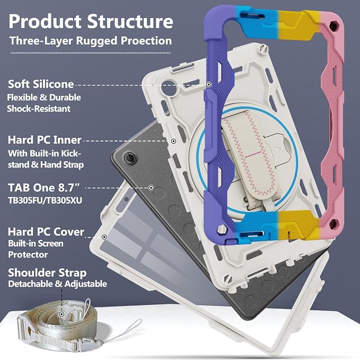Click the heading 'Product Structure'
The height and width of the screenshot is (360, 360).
(x=91, y=21)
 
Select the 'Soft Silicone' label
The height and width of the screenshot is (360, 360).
(x=41, y=84)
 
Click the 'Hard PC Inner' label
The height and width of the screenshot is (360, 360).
(x=45, y=140)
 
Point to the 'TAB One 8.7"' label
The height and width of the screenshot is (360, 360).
(x=45, y=188)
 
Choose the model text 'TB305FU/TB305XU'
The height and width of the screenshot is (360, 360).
(x=45, y=200)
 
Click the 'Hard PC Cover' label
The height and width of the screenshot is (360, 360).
(x=46, y=232)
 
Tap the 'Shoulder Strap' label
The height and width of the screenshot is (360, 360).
(x=47, y=273)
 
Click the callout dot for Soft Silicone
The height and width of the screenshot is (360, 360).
(x=208, y=84)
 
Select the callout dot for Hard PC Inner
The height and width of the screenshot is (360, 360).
(x=174, y=141)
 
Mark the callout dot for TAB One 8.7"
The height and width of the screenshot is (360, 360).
(x=151, y=188)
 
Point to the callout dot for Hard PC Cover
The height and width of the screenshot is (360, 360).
(x=104, y=236)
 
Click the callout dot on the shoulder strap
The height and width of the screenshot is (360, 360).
(x=62, y=314)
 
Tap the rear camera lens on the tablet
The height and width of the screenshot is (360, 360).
(x=130, y=157)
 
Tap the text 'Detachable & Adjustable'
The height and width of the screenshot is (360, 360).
(x=57, y=284)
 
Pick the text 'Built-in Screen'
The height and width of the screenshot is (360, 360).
(x=36, y=243)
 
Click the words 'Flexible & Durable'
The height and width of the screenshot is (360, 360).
(x=44, y=98)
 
